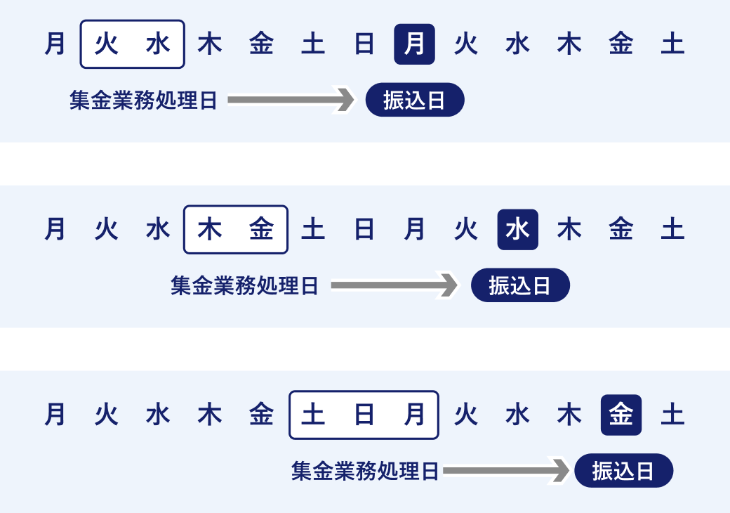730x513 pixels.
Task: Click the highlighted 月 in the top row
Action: pos(414,44)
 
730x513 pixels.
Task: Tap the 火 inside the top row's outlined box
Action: pos(107,44)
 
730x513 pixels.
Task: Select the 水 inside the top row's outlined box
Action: pos(158,44)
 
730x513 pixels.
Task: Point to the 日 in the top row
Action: pos(364,44)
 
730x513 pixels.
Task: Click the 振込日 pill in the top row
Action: pos(415,100)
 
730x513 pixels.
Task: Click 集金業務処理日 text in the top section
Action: pos(143,100)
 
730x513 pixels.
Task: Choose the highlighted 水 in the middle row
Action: pos(517,230)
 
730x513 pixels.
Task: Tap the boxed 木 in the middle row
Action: pos(209,230)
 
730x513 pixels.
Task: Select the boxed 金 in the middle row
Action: pos(261,230)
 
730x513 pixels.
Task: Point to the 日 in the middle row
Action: pos(364,230)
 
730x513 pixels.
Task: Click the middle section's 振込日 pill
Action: pos(520,285)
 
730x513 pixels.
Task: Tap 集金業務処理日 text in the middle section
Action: pos(244,285)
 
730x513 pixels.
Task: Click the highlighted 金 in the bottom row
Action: pos(620,415)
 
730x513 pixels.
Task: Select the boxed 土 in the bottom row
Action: pos(312,415)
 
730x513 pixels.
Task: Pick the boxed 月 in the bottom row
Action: pos(415,415)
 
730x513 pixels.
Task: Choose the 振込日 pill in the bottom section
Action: pos(623,471)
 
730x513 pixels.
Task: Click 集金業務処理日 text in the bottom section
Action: pos(365,471)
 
